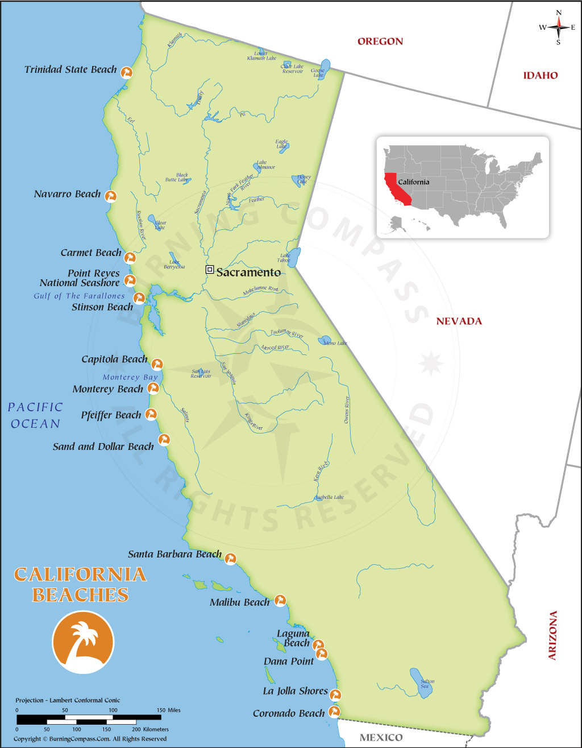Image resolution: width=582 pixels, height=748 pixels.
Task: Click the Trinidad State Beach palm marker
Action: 127,72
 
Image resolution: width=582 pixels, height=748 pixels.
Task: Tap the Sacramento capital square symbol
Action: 210,270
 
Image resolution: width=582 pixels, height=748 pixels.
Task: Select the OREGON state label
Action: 380,42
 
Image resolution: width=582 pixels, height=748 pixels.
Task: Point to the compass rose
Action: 558,27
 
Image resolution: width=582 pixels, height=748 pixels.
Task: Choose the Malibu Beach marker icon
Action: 280,600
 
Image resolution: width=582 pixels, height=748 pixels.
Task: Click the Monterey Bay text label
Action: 130,377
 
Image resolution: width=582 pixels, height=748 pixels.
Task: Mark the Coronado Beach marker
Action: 335,712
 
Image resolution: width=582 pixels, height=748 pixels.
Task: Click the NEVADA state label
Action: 459,321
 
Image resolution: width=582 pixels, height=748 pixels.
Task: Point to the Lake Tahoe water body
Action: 294,257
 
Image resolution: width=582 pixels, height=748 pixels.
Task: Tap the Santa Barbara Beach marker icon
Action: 230,558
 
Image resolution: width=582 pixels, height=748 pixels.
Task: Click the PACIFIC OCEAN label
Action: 35,415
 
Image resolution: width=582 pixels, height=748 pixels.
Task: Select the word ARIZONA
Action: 552,635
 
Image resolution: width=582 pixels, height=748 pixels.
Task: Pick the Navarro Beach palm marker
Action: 111,196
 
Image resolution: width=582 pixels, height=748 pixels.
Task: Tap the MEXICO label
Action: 381,738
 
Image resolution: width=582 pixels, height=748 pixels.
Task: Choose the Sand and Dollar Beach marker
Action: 164,440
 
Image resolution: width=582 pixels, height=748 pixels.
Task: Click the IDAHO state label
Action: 540,76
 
